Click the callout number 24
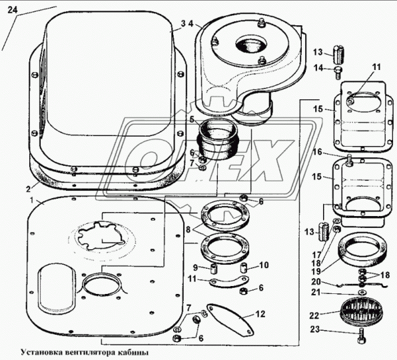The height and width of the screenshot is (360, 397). (x=13, y=10)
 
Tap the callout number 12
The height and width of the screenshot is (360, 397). (x=260, y=314)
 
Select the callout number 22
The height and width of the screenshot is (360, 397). (x=314, y=315)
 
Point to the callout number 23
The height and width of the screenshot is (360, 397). (x=315, y=329)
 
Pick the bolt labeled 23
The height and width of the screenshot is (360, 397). (x=362, y=335)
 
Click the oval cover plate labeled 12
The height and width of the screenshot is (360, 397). (x=230, y=320)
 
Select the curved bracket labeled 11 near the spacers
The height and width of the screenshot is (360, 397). (x=229, y=281)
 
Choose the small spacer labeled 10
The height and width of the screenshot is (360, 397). (x=244, y=267)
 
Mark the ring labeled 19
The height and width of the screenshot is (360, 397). (x=363, y=249)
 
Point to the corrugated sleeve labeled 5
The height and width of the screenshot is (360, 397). (x=219, y=139)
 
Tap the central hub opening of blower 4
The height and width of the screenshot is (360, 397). (x=251, y=45)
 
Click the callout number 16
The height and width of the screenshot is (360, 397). (x=317, y=152)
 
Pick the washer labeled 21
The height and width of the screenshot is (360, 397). (x=362, y=293)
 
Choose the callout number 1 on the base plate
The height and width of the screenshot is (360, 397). (x=32, y=201)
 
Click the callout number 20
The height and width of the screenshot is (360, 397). (x=316, y=282)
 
